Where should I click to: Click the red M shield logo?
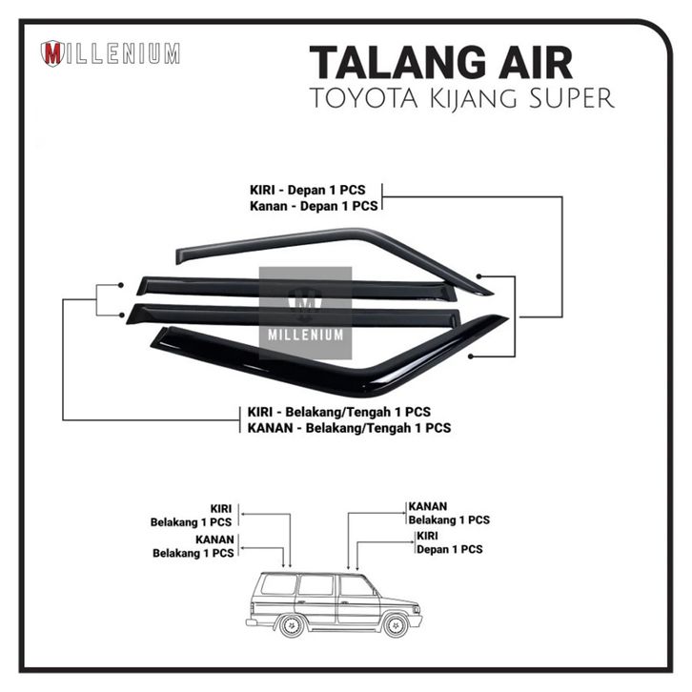click(x=53, y=54)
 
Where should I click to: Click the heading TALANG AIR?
click(x=440, y=63)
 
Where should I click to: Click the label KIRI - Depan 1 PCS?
click(x=314, y=190)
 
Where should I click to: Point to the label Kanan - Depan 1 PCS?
click(x=315, y=205)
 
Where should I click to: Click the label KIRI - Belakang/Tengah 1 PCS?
click(x=338, y=412)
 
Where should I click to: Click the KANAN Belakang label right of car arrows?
click(x=448, y=513)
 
